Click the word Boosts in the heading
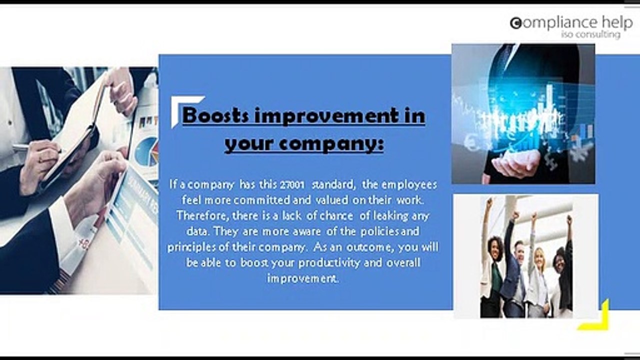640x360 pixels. (215, 115)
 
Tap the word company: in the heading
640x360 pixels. (331, 143)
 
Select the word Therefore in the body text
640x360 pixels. (202, 215)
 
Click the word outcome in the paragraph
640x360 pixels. (368, 247)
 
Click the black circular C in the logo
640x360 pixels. (515, 23)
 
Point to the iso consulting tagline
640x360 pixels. (590, 34)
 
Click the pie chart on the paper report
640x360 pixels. (147, 151)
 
